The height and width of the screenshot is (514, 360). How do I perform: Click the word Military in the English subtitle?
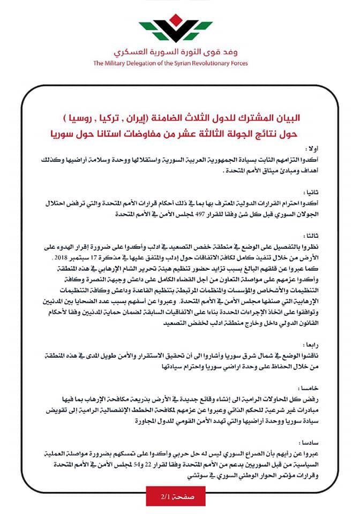pyautogui.click(x=121, y=63)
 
